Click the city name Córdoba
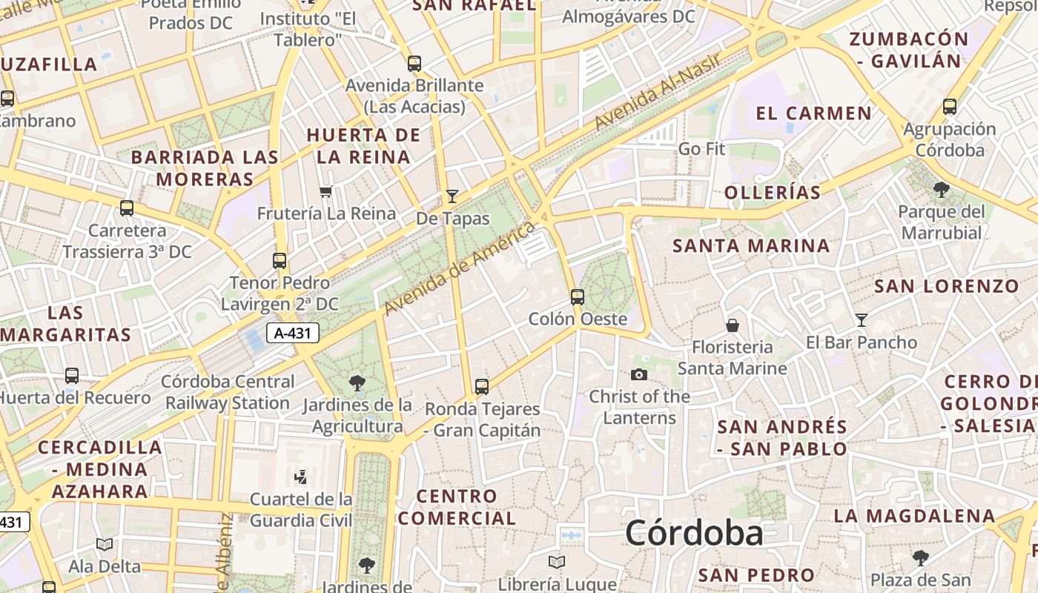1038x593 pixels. [x=694, y=534]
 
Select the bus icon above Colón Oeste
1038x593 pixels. [x=577, y=297]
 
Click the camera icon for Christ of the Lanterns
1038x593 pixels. [x=638, y=375]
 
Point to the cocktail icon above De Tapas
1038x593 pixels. [x=452, y=196]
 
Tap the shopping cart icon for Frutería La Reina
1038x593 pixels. [x=325, y=192]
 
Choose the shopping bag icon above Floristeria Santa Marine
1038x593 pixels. [x=733, y=325]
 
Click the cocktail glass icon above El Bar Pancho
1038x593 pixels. [x=861, y=320]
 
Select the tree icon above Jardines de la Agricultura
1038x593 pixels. [x=357, y=383]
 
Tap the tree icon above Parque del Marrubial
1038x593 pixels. [x=942, y=190]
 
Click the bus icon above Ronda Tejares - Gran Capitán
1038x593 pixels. [x=482, y=387]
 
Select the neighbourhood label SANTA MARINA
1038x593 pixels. [x=751, y=245]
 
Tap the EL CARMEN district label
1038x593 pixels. [x=813, y=113]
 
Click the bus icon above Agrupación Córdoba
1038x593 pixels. [x=950, y=107]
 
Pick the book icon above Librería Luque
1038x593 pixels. [x=557, y=562]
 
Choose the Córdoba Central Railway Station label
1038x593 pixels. [x=228, y=393]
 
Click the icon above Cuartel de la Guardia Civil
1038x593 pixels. [x=301, y=477]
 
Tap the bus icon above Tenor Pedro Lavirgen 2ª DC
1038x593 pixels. [x=280, y=261]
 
